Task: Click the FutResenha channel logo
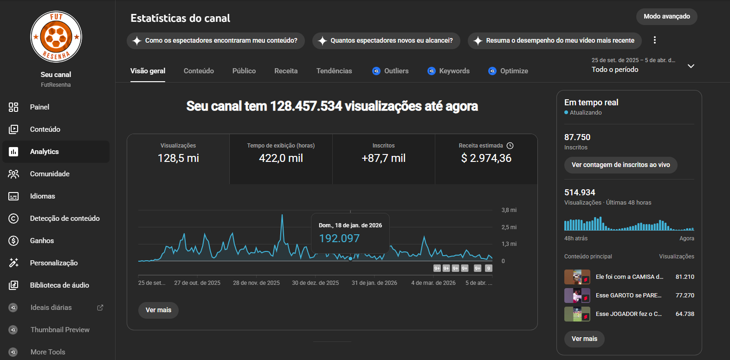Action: (x=56, y=37)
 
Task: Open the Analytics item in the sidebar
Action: (x=45, y=152)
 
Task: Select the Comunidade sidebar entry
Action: (x=50, y=174)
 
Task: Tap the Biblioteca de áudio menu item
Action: (x=59, y=285)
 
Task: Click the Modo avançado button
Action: (x=666, y=17)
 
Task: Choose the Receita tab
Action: (x=286, y=71)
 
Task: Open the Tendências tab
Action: (x=334, y=71)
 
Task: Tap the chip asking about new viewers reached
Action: (x=386, y=41)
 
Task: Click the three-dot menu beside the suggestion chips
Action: (x=655, y=40)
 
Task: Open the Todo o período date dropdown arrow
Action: (x=691, y=66)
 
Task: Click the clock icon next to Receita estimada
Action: (x=510, y=146)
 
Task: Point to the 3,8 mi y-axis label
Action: (x=509, y=210)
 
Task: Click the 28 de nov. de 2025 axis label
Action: (x=256, y=283)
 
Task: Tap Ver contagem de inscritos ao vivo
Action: (x=620, y=165)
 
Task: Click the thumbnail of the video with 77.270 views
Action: (x=577, y=296)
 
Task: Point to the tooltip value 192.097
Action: (x=339, y=238)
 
